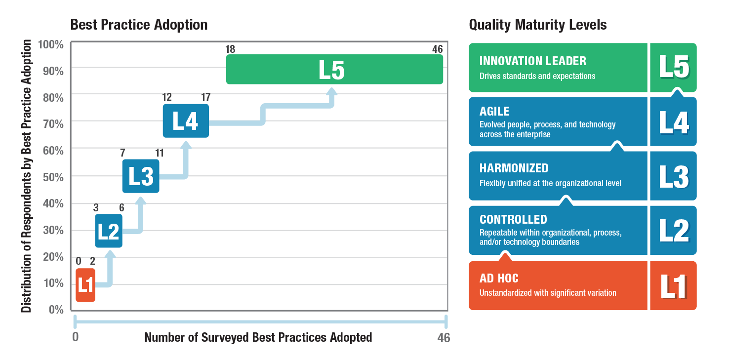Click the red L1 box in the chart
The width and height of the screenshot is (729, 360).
point(85,285)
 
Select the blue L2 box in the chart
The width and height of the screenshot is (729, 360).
point(108,231)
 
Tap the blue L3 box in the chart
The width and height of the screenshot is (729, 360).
point(141,176)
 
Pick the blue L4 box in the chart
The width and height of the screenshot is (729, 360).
point(186,121)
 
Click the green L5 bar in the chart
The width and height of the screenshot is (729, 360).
point(334,70)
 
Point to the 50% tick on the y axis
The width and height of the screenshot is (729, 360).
point(54,176)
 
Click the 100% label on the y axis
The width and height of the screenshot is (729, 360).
point(51,44)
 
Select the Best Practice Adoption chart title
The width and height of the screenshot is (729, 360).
point(139,25)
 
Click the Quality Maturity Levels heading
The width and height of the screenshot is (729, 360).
point(538,25)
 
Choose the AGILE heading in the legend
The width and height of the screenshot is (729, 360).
point(494,112)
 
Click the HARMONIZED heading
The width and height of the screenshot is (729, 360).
point(514,168)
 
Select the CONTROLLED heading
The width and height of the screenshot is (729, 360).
point(513,220)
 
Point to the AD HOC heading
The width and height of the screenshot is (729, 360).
point(499,279)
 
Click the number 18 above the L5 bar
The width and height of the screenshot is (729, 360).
point(230,49)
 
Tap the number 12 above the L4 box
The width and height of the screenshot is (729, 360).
point(167,97)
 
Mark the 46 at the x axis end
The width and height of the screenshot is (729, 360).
point(443,338)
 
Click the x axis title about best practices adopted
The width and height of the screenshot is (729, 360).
point(258,338)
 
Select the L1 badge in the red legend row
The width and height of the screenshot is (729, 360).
point(673,286)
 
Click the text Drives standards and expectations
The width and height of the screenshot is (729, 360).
point(537,77)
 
